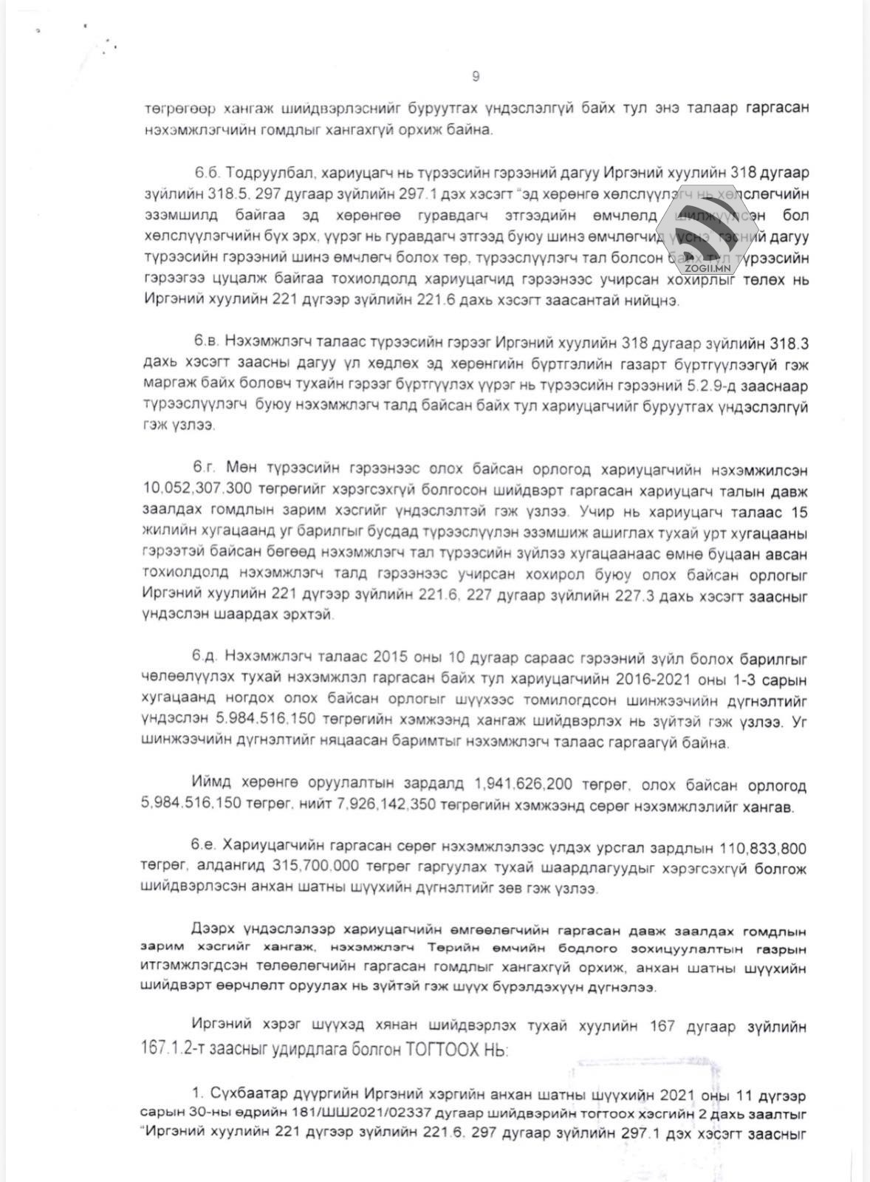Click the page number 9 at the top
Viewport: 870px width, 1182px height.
(476, 76)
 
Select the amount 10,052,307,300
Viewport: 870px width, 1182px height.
(193, 491)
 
